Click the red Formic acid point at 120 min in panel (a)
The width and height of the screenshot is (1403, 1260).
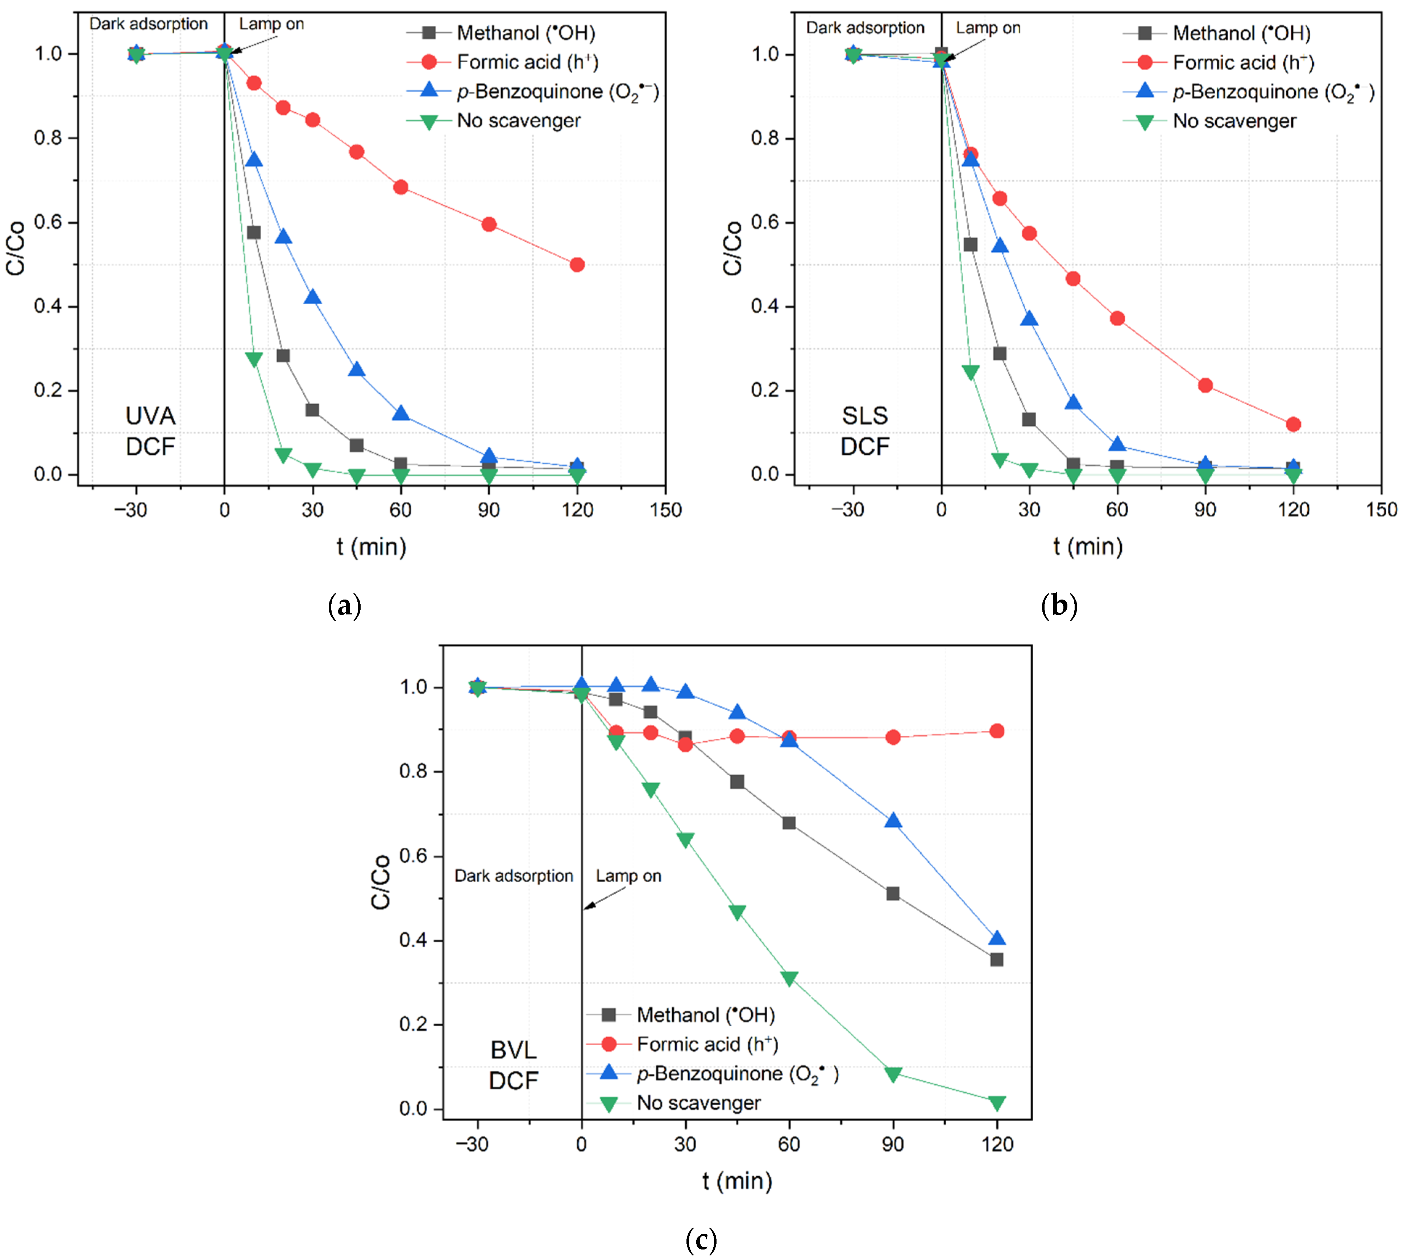coord(577,264)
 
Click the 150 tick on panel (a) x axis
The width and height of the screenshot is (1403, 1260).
coord(665,509)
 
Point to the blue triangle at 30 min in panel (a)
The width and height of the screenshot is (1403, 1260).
coord(312,297)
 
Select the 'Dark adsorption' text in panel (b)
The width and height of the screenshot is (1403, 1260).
coord(864,28)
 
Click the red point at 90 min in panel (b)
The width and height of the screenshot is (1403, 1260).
coord(1205,385)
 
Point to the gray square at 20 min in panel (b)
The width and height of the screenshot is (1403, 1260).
coord(999,353)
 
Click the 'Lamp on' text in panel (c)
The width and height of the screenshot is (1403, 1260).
coord(628,876)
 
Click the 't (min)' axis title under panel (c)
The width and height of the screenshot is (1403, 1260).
coord(737,1180)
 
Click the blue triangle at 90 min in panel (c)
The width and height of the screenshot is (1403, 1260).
coord(893,821)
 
